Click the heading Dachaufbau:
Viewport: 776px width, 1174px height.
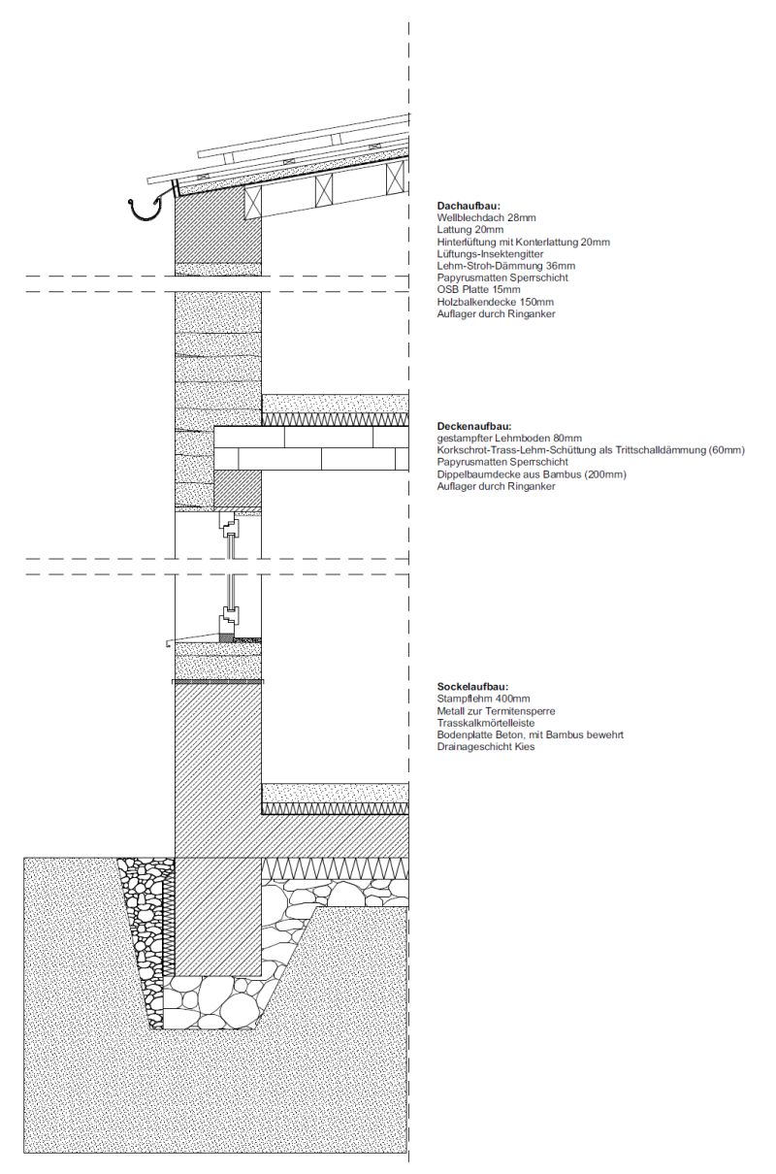coord(469,207)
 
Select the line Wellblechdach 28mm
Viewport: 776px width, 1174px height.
coord(487,218)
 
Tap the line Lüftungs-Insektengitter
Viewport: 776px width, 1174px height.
coord(490,254)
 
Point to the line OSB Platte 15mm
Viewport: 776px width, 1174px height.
coord(479,290)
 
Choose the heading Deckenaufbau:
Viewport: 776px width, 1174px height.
coord(474,427)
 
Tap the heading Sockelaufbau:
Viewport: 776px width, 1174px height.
coord(473,687)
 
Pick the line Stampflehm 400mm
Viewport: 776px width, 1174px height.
coord(484,699)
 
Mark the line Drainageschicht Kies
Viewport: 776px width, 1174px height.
coord(486,747)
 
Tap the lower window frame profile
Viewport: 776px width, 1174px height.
coord(230,617)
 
